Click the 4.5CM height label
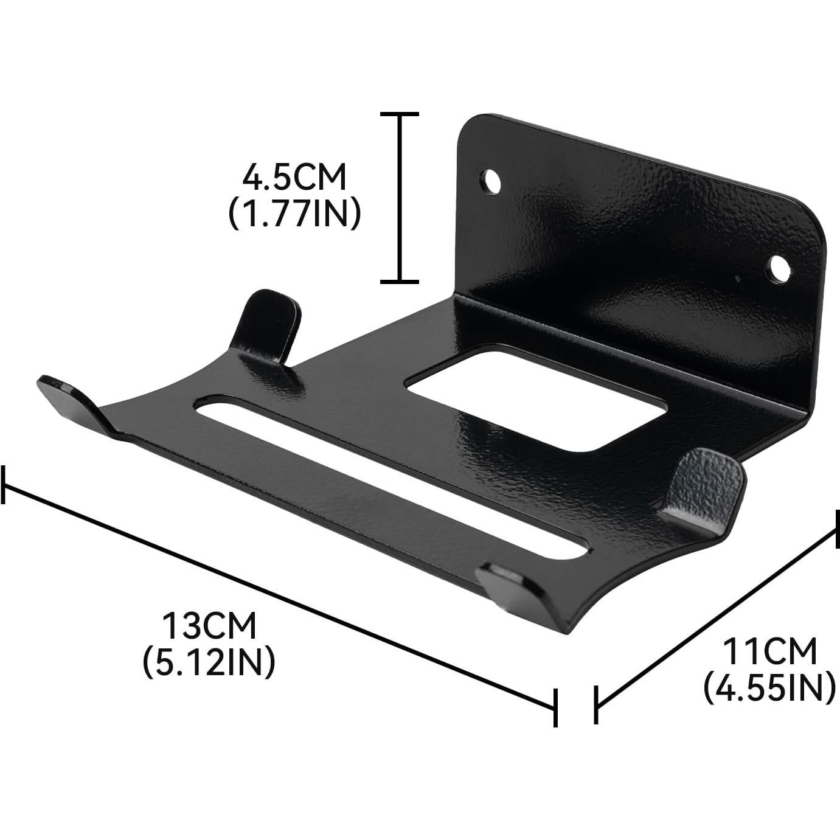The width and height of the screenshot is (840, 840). [294, 178]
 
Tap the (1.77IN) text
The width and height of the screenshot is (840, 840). [294, 213]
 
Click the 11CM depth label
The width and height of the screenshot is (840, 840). [769, 652]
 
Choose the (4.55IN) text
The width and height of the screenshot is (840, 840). [769, 687]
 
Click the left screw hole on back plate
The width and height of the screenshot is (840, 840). [491, 181]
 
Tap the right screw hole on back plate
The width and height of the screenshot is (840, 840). [778, 268]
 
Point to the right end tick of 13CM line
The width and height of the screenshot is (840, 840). [555, 707]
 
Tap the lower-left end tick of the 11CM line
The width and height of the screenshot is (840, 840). [596, 705]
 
